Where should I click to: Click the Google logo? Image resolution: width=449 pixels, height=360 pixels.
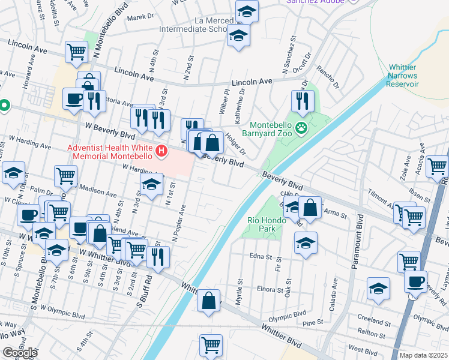(20, 353)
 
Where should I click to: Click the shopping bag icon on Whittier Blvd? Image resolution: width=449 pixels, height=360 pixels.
(208, 301)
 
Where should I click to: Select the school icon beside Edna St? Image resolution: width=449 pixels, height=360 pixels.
(306, 243)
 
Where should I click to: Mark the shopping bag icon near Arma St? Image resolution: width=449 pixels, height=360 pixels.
(310, 208)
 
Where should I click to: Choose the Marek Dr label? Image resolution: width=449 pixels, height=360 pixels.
(140, 17)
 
